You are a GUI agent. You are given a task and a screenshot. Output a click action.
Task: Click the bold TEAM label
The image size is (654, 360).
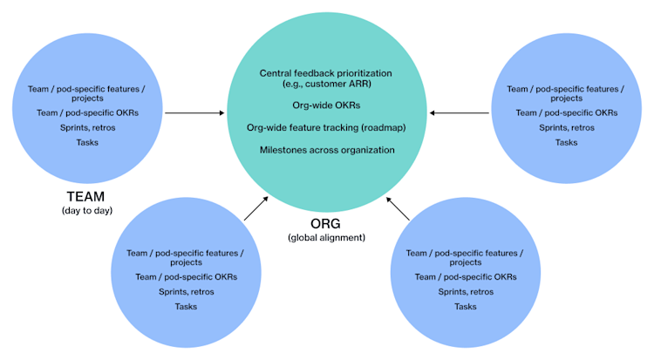(x=87, y=197)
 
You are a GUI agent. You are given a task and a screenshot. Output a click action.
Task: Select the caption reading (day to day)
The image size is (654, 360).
(x=87, y=211)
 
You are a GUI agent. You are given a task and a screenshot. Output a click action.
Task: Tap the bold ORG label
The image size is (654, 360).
(x=326, y=224)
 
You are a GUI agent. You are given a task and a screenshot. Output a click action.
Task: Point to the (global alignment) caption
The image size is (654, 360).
(x=326, y=238)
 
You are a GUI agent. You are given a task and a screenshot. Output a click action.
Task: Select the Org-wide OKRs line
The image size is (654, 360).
(x=326, y=105)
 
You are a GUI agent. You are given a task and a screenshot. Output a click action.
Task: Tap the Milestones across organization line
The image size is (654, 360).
(x=326, y=150)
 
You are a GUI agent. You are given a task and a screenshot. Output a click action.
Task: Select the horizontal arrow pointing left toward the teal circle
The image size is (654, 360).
(x=460, y=112)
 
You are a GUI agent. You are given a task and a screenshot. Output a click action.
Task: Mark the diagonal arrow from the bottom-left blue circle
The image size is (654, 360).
(x=258, y=208)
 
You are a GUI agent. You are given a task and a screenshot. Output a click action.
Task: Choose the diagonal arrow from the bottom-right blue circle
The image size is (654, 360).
(x=398, y=208)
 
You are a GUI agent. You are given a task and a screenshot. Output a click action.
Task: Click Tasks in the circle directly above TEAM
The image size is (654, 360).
(x=87, y=141)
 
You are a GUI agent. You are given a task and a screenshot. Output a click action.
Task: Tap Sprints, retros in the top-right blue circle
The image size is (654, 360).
(x=566, y=127)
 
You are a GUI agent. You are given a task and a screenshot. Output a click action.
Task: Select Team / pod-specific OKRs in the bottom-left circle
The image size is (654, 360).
(x=186, y=277)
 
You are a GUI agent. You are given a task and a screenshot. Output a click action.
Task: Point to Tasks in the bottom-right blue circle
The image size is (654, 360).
(x=465, y=306)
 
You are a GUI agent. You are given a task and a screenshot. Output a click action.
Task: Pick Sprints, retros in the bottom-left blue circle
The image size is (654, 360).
(x=186, y=292)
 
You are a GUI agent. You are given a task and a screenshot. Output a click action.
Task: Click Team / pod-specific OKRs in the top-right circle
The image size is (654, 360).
(x=566, y=112)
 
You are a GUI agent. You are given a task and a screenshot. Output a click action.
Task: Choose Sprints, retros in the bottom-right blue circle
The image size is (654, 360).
(x=465, y=292)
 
